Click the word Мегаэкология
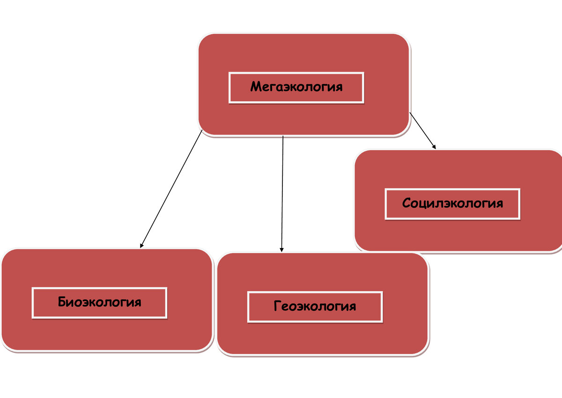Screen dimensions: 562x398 click(296, 87)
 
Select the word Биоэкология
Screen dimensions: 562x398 click(99, 302)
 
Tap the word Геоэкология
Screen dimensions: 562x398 click(315, 307)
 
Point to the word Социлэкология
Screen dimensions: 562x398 click(452, 203)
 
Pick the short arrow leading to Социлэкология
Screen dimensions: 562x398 click(422, 131)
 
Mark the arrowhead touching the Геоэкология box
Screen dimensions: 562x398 click(281, 249)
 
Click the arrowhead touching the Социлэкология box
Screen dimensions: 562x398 click(434, 146)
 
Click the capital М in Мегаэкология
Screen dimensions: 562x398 click(256, 87)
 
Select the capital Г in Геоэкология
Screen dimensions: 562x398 click(277, 307)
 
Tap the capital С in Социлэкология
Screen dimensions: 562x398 click(406, 203)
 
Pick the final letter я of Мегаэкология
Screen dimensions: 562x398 click(339, 87)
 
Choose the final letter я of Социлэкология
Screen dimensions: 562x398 click(499, 203)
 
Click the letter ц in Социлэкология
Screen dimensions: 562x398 click(423, 204)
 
